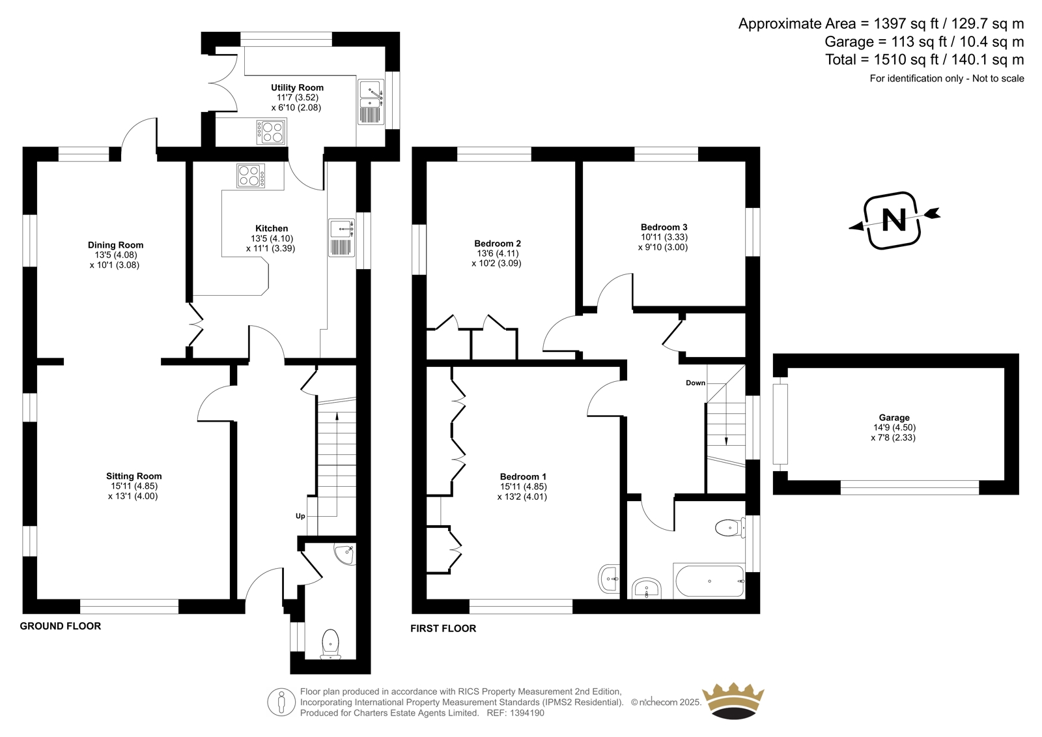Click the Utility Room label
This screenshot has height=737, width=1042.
point(297,87)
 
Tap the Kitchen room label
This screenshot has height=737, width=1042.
point(272,228)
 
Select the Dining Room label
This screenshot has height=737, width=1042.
point(116,245)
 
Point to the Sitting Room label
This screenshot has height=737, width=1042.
point(134,476)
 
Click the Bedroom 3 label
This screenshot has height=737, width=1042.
point(664,227)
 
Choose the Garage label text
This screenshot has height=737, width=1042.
point(894,418)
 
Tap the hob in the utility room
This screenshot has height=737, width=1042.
point(271,132)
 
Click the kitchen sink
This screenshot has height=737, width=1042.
point(342,237)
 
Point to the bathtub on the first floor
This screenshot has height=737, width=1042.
point(709,581)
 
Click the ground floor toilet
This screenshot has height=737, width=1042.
point(331,644)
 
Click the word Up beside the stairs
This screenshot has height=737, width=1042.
point(300,516)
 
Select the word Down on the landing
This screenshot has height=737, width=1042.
point(696,383)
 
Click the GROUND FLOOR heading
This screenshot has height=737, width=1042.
point(61,626)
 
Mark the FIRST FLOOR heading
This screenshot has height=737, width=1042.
point(444,629)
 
